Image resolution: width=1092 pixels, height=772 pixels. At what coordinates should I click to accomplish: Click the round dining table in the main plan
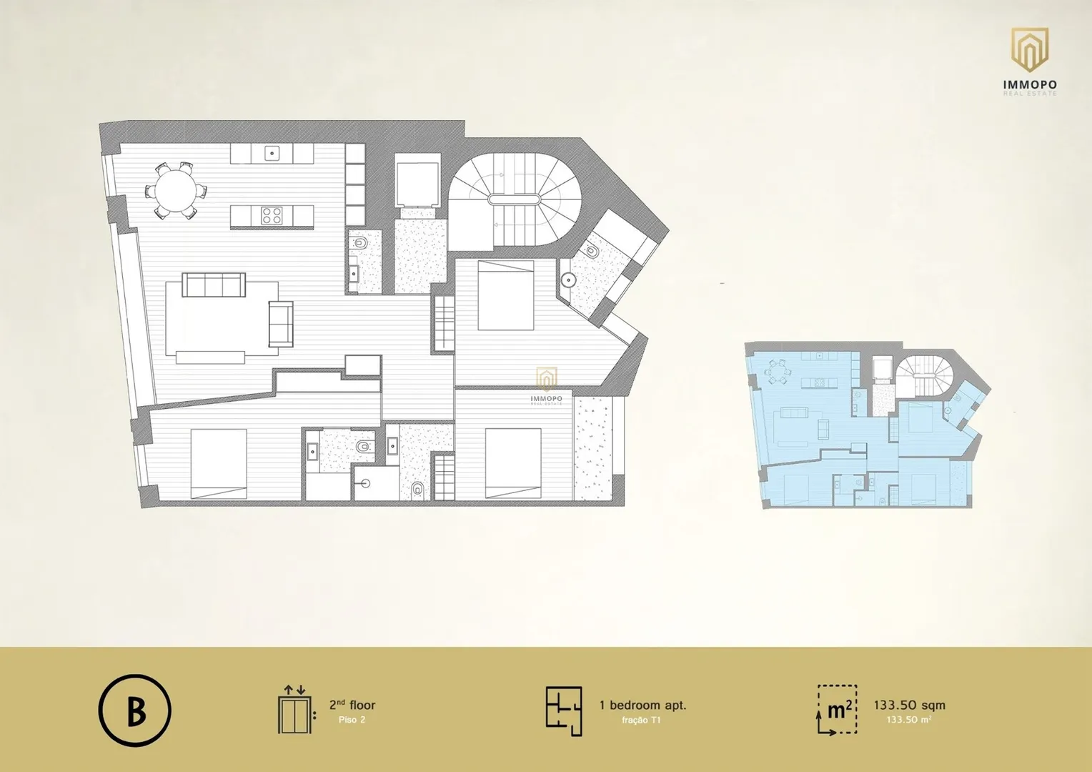[x=176, y=191]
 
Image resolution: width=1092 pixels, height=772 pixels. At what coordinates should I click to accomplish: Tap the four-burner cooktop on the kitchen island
[x=272, y=216]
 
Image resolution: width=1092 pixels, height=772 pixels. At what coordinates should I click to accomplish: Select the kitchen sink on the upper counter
[x=272, y=154]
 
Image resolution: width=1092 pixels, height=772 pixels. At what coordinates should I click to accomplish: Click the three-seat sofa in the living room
[x=214, y=284]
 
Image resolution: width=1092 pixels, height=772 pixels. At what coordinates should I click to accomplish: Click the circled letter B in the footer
[x=135, y=710]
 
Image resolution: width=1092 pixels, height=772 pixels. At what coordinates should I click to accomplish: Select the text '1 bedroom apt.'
[x=642, y=706]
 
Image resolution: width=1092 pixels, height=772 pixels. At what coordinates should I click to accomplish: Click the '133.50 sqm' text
[x=909, y=706]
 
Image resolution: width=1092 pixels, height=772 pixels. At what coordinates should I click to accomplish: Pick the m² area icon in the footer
[x=837, y=710]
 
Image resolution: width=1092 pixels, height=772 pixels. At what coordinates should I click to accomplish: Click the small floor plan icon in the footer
[x=564, y=711]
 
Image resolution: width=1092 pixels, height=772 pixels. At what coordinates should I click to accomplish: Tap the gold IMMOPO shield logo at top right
[x=1030, y=50]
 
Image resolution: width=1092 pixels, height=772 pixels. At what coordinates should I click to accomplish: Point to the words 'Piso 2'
[x=352, y=720]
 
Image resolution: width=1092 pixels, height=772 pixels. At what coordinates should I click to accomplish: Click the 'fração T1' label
[x=641, y=721]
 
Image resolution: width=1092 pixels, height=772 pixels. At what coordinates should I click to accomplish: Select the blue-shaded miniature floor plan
[x=868, y=426]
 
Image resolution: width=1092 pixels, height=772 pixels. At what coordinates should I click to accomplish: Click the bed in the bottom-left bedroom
[x=219, y=464]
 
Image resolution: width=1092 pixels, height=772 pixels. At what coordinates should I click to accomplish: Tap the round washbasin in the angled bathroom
[x=567, y=280]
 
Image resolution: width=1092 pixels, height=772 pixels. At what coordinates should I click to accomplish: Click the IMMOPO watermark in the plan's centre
[x=547, y=386]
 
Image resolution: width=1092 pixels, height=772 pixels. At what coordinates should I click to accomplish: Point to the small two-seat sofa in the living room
[x=282, y=324]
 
